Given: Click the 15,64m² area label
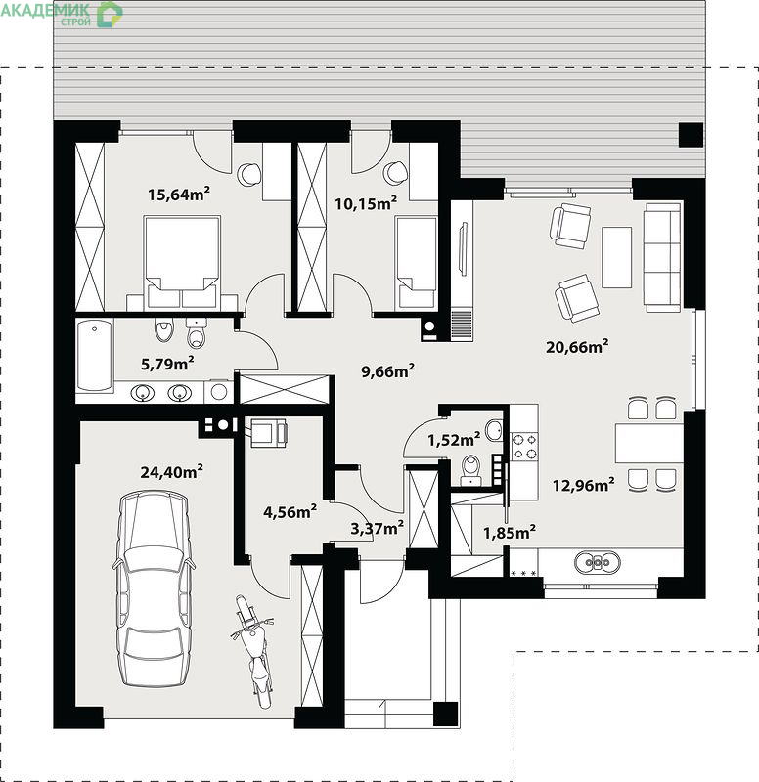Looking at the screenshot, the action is pos(179,194).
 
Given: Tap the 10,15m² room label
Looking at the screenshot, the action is pos(366,203).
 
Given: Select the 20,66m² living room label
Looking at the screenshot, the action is pos(577,346).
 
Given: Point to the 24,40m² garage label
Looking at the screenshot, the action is pos(172,471).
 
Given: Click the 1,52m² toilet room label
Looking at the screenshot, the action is pos(454,439).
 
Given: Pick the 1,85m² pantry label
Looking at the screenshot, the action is pos(510,532).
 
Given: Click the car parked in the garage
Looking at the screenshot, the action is pos(154,588).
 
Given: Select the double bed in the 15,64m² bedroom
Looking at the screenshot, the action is pos(182,263).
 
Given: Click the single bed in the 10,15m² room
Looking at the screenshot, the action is pos(416,263).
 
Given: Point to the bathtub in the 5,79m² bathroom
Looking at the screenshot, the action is pos(94,355).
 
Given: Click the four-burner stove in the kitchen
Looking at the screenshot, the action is pos(525,447).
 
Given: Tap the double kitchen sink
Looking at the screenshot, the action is pos(597,562).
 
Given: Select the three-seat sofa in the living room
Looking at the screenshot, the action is pos(662,257).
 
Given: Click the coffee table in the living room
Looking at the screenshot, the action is pos(617,257).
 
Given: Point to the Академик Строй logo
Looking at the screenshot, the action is pos(62,14).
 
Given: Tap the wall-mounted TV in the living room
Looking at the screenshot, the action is pos(463,248).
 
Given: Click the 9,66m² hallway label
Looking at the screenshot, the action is pos(387,371).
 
